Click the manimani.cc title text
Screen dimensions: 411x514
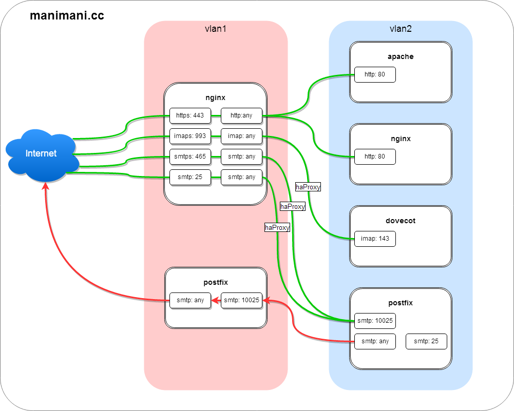67,15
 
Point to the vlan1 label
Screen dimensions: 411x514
216,29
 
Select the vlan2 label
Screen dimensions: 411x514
401,29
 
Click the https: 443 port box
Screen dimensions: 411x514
190,115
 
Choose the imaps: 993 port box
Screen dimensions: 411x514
190,136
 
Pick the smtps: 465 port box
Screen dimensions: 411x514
190,156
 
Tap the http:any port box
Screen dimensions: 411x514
241,115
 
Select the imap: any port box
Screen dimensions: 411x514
241,136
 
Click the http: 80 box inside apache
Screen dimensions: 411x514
375,74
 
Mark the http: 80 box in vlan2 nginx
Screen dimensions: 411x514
375,156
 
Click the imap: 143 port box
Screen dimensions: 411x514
375,239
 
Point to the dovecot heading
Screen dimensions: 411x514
401,221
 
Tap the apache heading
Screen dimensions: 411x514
401,56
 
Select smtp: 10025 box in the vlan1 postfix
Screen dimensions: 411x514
241,300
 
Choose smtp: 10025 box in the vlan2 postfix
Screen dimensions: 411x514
375,321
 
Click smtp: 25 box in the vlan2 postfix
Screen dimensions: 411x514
426,341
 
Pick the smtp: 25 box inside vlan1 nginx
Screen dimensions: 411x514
190,177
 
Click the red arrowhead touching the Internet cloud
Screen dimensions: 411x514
45,186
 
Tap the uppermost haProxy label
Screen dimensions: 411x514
308,187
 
